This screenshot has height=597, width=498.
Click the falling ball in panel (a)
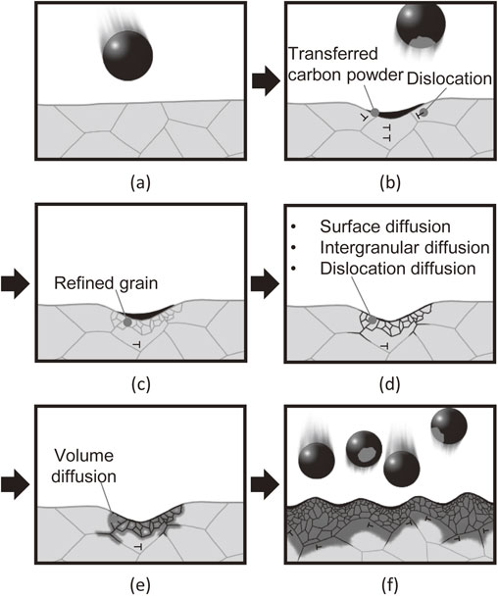coord(127,56)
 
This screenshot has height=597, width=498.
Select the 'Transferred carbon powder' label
coord(345,65)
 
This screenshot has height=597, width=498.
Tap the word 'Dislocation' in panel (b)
coord(449,78)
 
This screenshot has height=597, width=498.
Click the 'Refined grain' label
coord(106,283)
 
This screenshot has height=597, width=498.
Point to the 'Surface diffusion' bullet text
coord(385,226)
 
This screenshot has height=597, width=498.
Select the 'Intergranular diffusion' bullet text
coord(405,247)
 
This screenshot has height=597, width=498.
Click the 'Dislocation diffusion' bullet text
coord(398,269)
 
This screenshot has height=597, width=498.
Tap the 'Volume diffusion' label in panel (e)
coord(83,466)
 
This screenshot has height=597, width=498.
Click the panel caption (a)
coord(140,183)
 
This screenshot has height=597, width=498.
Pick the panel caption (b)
coord(390,183)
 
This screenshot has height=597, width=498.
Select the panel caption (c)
coord(140,384)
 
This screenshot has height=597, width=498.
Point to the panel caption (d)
coord(390,384)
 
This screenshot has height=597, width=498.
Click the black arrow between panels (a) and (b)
coord(266,81)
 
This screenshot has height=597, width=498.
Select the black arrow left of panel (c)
coord(15,284)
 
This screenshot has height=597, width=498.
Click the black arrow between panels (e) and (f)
coord(265,484)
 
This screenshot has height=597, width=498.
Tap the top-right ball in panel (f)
coord(449,426)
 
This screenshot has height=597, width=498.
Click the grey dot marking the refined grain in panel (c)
coord(127,323)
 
